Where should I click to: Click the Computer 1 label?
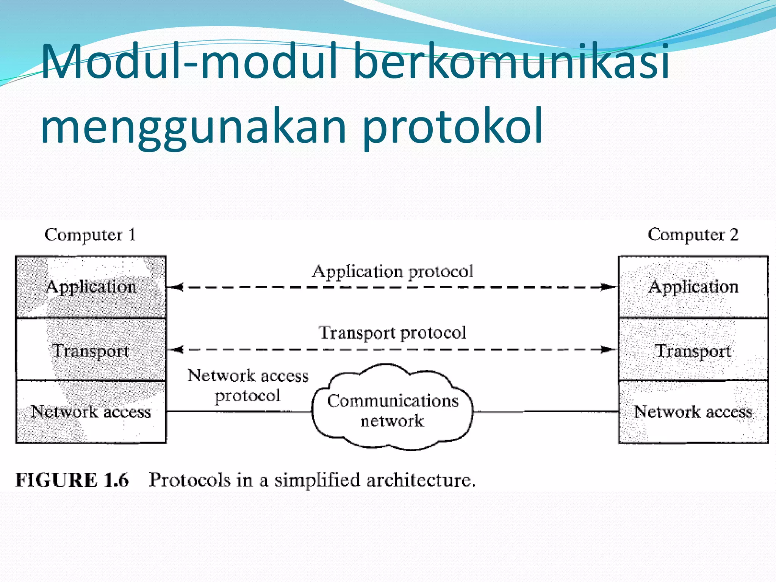click(x=90, y=235)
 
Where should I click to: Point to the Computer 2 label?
click(x=693, y=235)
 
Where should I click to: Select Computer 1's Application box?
click(x=91, y=287)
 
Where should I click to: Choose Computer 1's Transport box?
click(x=91, y=350)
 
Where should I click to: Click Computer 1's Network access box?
click(x=91, y=411)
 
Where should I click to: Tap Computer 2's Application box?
click(x=693, y=287)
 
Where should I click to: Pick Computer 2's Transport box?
click(x=693, y=350)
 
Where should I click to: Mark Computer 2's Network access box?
click(x=693, y=411)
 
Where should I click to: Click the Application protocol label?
click(x=393, y=272)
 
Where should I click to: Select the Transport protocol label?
click(x=393, y=333)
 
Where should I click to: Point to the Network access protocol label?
click(x=248, y=385)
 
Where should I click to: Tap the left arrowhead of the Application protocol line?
click(x=177, y=287)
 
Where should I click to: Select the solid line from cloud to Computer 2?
click(x=546, y=411)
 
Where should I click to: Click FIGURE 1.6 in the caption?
click(x=72, y=480)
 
